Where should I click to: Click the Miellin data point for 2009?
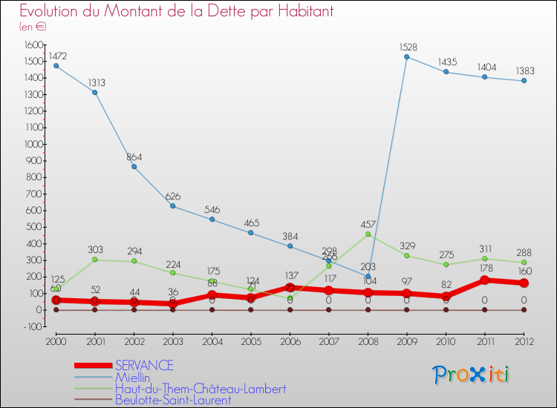click(x=407, y=56)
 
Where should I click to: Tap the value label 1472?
click(x=58, y=56)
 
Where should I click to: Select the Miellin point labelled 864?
click(x=134, y=166)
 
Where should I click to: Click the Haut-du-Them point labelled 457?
click(x=368, y=234)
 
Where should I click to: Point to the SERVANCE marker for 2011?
click(x=485, y=280)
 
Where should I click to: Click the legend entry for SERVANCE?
click(x=144, y=365)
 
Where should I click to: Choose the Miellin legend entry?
click(x=132, y=377)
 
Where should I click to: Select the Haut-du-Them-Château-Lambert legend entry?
click(x=201, y=388)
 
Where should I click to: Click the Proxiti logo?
click(x=471, y=374)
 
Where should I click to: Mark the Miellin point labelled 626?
click(x=173, y=205)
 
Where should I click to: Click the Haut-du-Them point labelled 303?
click(x=94, y=259)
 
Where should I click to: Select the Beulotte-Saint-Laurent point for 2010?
click(x=446, y=309)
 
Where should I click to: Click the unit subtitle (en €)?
click(x=33, y=27)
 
